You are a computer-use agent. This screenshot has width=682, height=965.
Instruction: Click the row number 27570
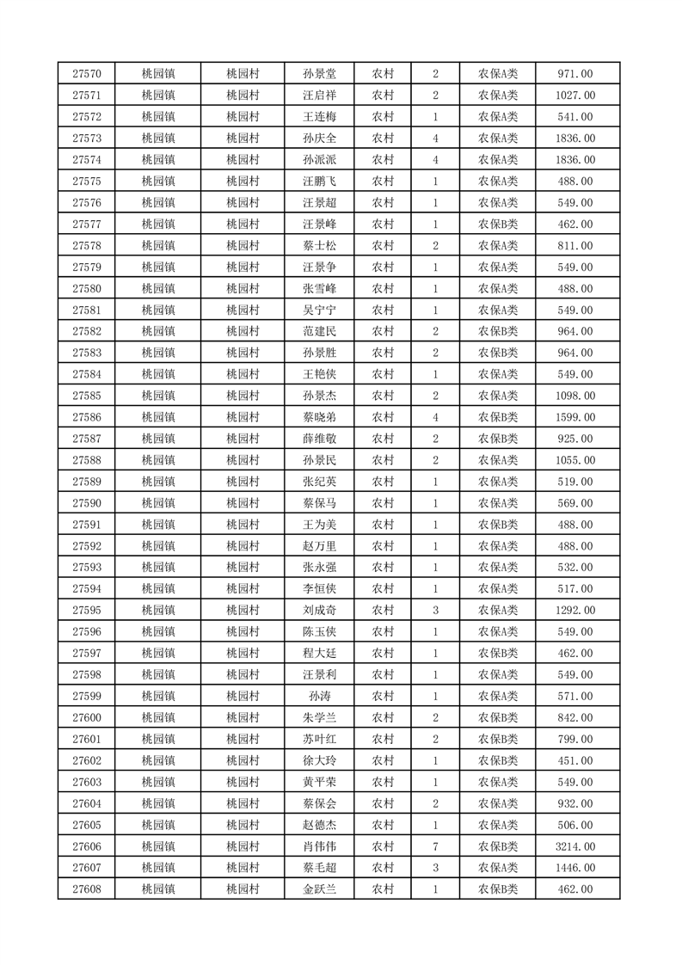click(x=87, y=74)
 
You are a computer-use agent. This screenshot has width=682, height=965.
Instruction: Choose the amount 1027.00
click(x=575, y=95)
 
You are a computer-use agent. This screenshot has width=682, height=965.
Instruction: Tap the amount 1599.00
click(x=575, y=417)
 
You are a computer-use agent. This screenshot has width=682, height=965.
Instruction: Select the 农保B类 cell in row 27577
click(x=498, y=224)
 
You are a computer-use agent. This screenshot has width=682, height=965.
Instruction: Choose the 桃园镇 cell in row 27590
click(x=158, y=503)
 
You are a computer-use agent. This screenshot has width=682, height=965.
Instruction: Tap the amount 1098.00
click(x=575, y=396)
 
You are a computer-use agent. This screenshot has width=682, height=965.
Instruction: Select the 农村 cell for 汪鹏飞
click(x=383, y=181)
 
